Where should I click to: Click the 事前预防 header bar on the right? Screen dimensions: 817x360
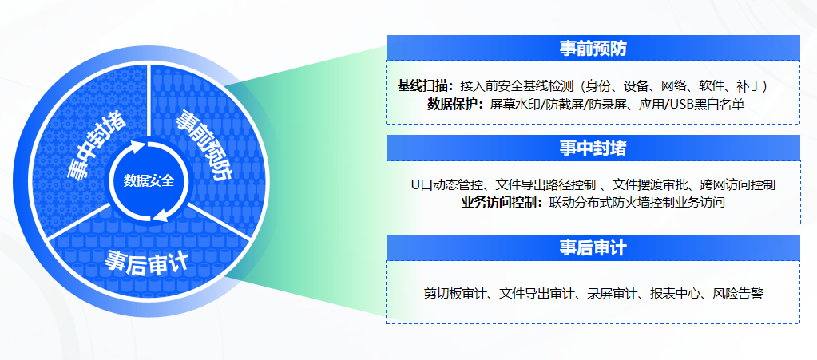(x=593, y=48)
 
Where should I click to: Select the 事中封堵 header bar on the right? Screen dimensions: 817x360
(x=593, y=148)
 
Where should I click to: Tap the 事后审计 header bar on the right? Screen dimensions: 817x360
(x=593, y=247)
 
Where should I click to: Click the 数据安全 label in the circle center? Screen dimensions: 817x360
(x=149, y=181)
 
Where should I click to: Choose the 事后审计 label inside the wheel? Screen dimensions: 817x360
(x=146, y=259)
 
